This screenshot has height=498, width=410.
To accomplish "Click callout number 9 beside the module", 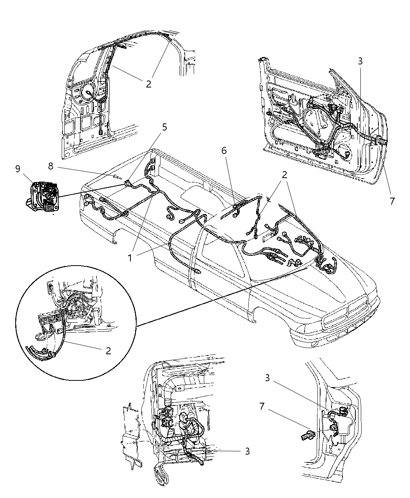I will pyautogui.click(x=18, y=169).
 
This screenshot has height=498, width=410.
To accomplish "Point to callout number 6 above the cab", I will pyautogui.click(x=224, y=150).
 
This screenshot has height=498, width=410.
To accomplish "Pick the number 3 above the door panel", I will pyautogui.click(x=360, y=61).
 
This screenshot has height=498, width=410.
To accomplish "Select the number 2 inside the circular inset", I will pyautogui.click(x=108, y=350).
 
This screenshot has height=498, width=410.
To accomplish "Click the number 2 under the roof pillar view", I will pyautogui.click(x=148, y=84).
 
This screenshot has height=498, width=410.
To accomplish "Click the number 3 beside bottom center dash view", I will pyautogui.click(x=247, y=451).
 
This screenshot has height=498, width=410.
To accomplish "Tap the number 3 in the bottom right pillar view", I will pyautogui.click(x=267, y=378).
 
